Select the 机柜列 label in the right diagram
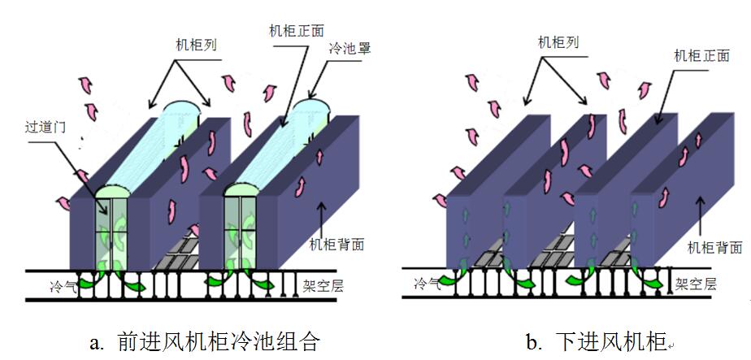click(559, 42)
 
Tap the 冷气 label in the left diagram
click(63, 285)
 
